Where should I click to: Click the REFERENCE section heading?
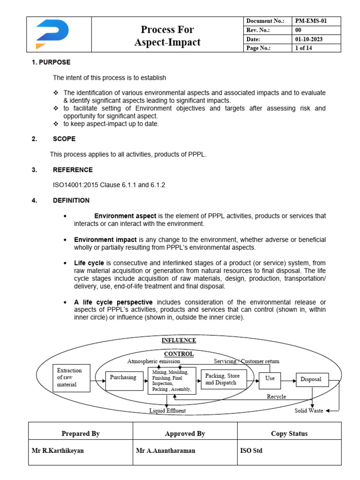pyautogui.click(x=72, y=170)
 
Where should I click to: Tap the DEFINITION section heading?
pyautogui.click(x=71, y=200)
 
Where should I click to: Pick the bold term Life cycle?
pyautogui.click(x=89, y=263)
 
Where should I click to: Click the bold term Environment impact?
pyautogui.click(x=105, y=240)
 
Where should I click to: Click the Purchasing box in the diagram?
pyautogui.click(x=123, y=377)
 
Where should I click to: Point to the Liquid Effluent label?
pyautogui.click(x=167, y=411)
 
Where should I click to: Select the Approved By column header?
pyautogui.click(x=185, y=434)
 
